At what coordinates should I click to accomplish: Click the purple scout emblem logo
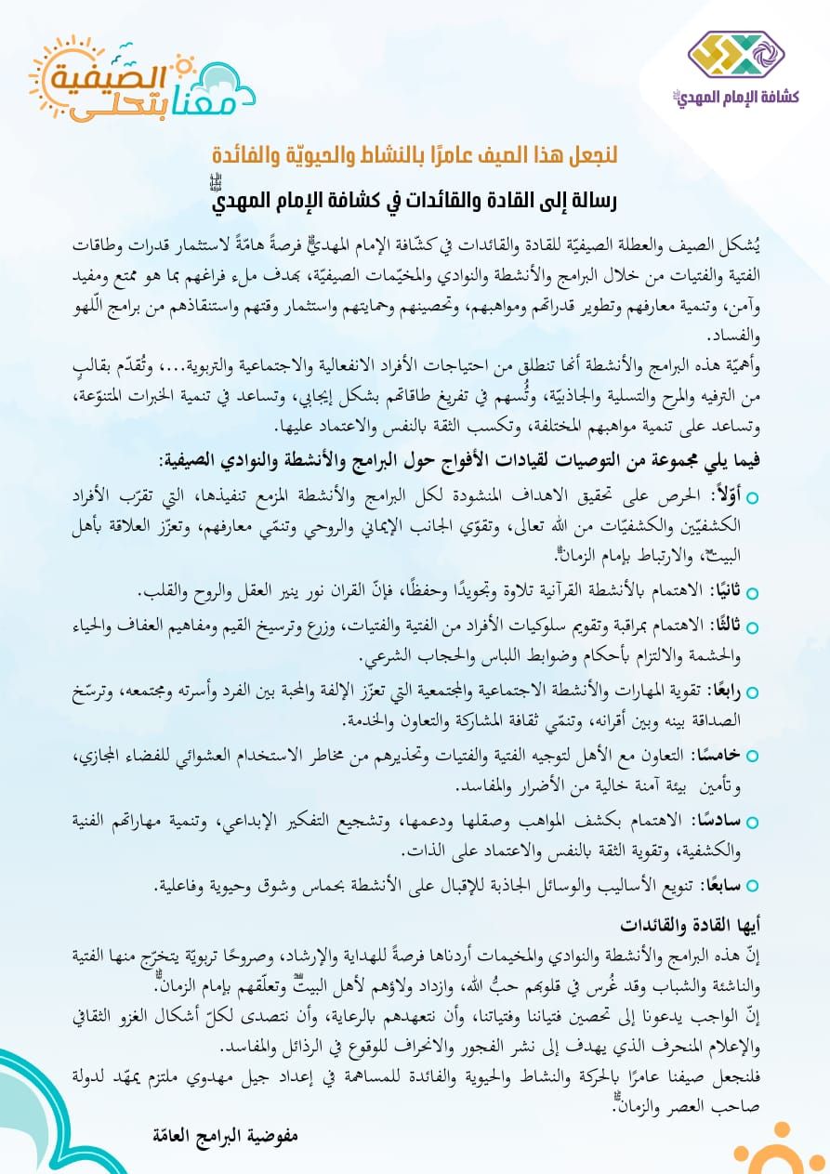coord(737,55)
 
